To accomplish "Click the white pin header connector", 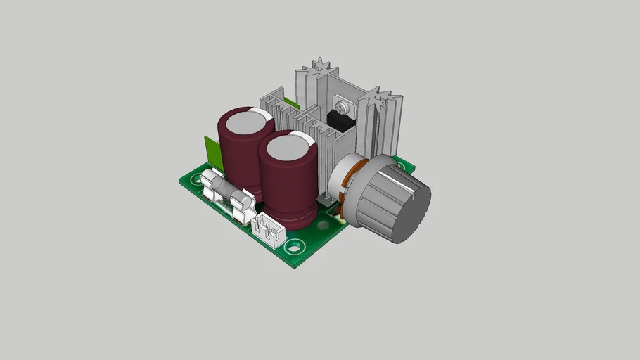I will point(267,230).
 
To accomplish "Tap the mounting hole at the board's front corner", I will point(295,247).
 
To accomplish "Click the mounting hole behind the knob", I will point(404,169).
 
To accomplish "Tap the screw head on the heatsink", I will point(342,107).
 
